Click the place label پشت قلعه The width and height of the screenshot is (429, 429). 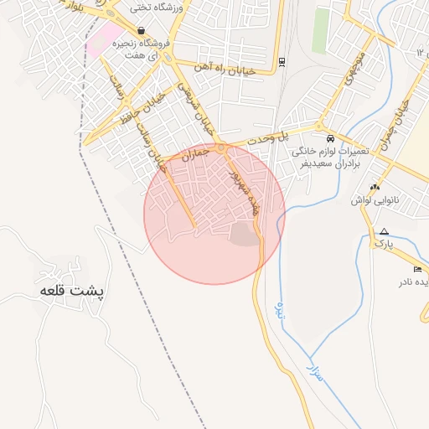74,291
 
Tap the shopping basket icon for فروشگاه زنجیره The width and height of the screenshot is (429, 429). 139,30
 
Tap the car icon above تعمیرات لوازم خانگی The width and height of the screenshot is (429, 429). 330,137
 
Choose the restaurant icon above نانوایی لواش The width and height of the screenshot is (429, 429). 375,187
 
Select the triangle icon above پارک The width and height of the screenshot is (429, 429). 384,231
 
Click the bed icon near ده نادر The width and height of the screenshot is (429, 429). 416,269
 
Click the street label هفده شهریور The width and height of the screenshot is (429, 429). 240,189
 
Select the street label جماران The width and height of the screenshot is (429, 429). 194,153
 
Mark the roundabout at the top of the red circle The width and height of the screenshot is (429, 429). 220,148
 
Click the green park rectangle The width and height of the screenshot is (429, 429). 320,31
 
